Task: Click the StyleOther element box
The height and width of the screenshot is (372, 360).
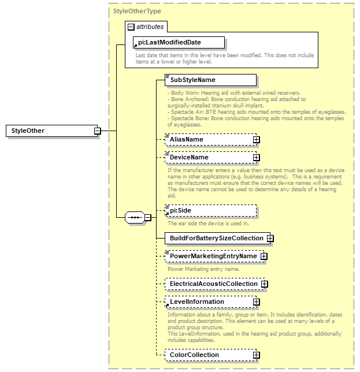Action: (x=52, y=131)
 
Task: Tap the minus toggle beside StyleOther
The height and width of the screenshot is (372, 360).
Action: (x=98, y=131)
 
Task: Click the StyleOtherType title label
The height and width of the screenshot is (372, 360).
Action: (x=137, y=10)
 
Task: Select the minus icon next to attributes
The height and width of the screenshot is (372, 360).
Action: (x=131, y=27)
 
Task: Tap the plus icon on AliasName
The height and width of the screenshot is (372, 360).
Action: (x=256, y=139)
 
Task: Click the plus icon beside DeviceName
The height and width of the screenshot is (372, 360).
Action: (x=256, y=157)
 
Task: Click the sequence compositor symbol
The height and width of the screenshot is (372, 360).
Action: (x=134, y=218)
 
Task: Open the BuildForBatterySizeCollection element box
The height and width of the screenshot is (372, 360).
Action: (x=216, y=238)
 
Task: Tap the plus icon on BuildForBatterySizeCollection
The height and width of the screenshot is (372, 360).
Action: (x=270, y=238)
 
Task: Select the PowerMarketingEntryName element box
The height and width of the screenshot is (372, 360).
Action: (x=212, y=256)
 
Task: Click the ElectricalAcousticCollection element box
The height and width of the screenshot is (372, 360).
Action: (x=213, y=284)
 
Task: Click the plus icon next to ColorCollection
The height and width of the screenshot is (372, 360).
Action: (x=256, y=355)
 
